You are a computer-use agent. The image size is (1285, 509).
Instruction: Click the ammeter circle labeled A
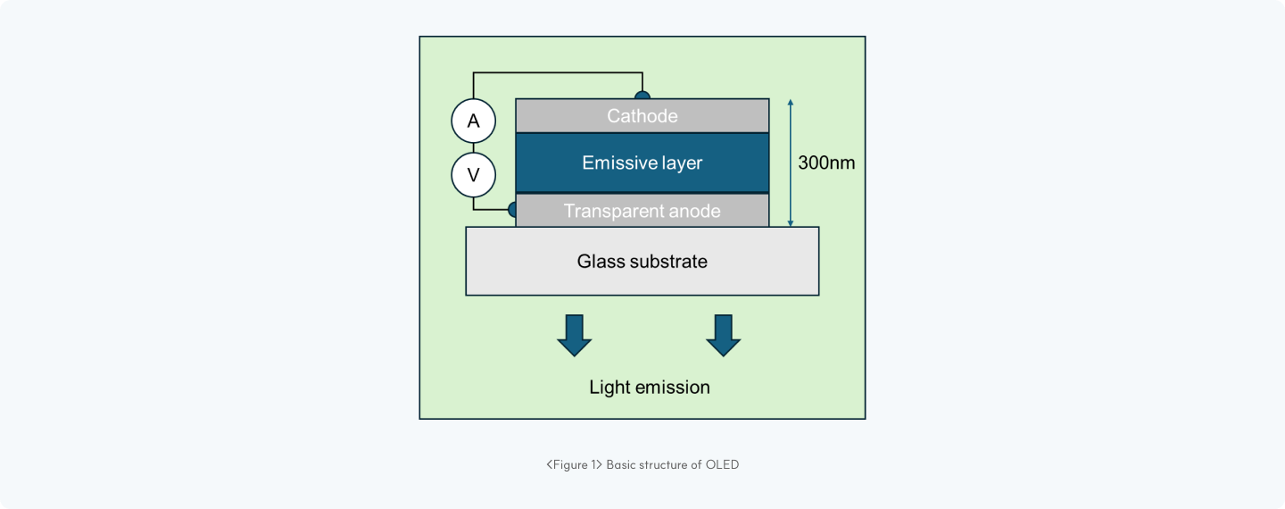(474, 121)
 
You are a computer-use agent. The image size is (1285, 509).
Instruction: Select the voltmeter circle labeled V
(474, 175)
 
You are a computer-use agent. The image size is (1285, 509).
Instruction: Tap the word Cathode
(642, 116)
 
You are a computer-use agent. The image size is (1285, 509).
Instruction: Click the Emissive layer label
(642, 163)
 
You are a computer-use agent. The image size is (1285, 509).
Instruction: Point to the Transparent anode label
(642, 212)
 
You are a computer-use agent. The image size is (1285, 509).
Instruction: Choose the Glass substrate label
(642, 262)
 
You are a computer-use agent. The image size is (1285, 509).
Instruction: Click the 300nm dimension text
(825, 163)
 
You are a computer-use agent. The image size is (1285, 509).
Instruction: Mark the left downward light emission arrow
(575, 335)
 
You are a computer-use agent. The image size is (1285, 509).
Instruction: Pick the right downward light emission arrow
(724, 335)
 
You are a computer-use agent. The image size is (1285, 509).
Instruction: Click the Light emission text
(650, 388)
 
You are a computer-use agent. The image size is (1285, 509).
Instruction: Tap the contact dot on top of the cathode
(642, 94)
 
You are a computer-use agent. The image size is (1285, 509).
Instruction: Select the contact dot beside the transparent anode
(512, 210)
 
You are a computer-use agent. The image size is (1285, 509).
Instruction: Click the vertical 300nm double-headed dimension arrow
(791, 163)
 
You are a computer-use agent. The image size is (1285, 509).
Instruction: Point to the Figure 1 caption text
(642, 464)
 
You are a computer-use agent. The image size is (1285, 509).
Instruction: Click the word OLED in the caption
(722, 464)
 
